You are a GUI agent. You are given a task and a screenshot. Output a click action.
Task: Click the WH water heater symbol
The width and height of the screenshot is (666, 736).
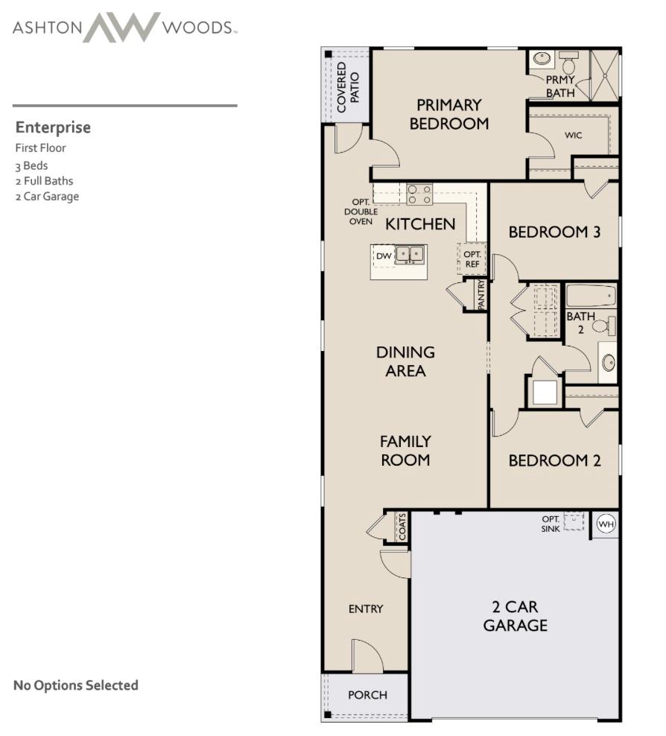(606, 524)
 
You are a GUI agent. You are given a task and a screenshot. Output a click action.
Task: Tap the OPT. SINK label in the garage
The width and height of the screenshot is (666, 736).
(551, 524)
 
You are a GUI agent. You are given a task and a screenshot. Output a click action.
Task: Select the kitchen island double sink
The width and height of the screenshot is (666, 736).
(410, 255)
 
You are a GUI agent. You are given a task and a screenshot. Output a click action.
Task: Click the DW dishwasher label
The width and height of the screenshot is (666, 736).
(384, 256)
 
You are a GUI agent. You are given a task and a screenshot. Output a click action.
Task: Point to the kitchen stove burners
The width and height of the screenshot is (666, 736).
(419, 194)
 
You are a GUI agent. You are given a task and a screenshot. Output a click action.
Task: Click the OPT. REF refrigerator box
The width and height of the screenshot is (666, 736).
(472, 259)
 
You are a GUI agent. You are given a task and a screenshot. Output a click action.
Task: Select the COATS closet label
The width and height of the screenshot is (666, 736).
(402, 527)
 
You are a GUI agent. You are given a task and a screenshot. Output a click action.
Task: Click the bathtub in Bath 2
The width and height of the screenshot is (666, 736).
(591, 296)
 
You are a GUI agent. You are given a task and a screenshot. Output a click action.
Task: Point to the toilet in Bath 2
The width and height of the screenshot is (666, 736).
(607, 326)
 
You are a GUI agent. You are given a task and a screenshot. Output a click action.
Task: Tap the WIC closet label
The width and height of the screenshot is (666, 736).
(573, 136)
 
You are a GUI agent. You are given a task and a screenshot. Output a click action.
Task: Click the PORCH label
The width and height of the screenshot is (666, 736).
(367, 695)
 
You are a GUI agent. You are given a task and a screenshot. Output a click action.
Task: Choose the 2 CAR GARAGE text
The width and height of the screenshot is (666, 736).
(515, 616)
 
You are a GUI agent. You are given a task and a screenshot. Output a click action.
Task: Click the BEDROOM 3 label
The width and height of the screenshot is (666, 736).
(554, 232)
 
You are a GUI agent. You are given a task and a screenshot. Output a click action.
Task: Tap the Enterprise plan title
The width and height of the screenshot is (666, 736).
(53, 127)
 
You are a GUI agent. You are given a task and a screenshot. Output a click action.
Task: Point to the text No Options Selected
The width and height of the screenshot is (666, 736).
(76, 685)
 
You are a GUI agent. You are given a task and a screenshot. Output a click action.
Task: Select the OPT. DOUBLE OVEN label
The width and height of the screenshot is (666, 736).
(361, 212)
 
